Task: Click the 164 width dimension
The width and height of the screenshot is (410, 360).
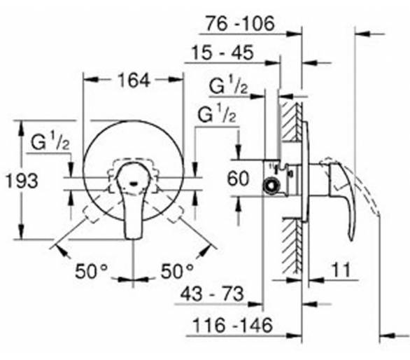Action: coord(134,81)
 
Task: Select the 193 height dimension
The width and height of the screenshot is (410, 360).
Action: coord(22,181)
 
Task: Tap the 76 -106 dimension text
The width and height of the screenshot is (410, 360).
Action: coord(240,23)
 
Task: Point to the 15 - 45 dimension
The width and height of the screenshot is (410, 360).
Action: coord(222,53)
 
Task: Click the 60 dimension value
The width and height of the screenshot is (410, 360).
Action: coord(238,179)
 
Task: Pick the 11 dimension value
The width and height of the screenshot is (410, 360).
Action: coord(341,270)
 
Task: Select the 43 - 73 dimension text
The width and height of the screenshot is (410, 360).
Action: coord(212,293)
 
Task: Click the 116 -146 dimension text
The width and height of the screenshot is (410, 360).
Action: coord(232,325)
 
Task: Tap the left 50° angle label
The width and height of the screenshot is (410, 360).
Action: coord(91,271)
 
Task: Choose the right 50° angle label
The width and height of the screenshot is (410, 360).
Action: coord(177,271)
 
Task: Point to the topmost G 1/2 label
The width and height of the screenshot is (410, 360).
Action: coord(228,85)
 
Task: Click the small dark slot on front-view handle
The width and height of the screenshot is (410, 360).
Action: coord(134,183)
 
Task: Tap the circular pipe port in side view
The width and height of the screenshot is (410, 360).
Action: coord(271,186)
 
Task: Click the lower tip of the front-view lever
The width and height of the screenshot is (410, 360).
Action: coord(134,237)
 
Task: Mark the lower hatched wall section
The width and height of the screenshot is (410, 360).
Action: coord(291,245)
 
